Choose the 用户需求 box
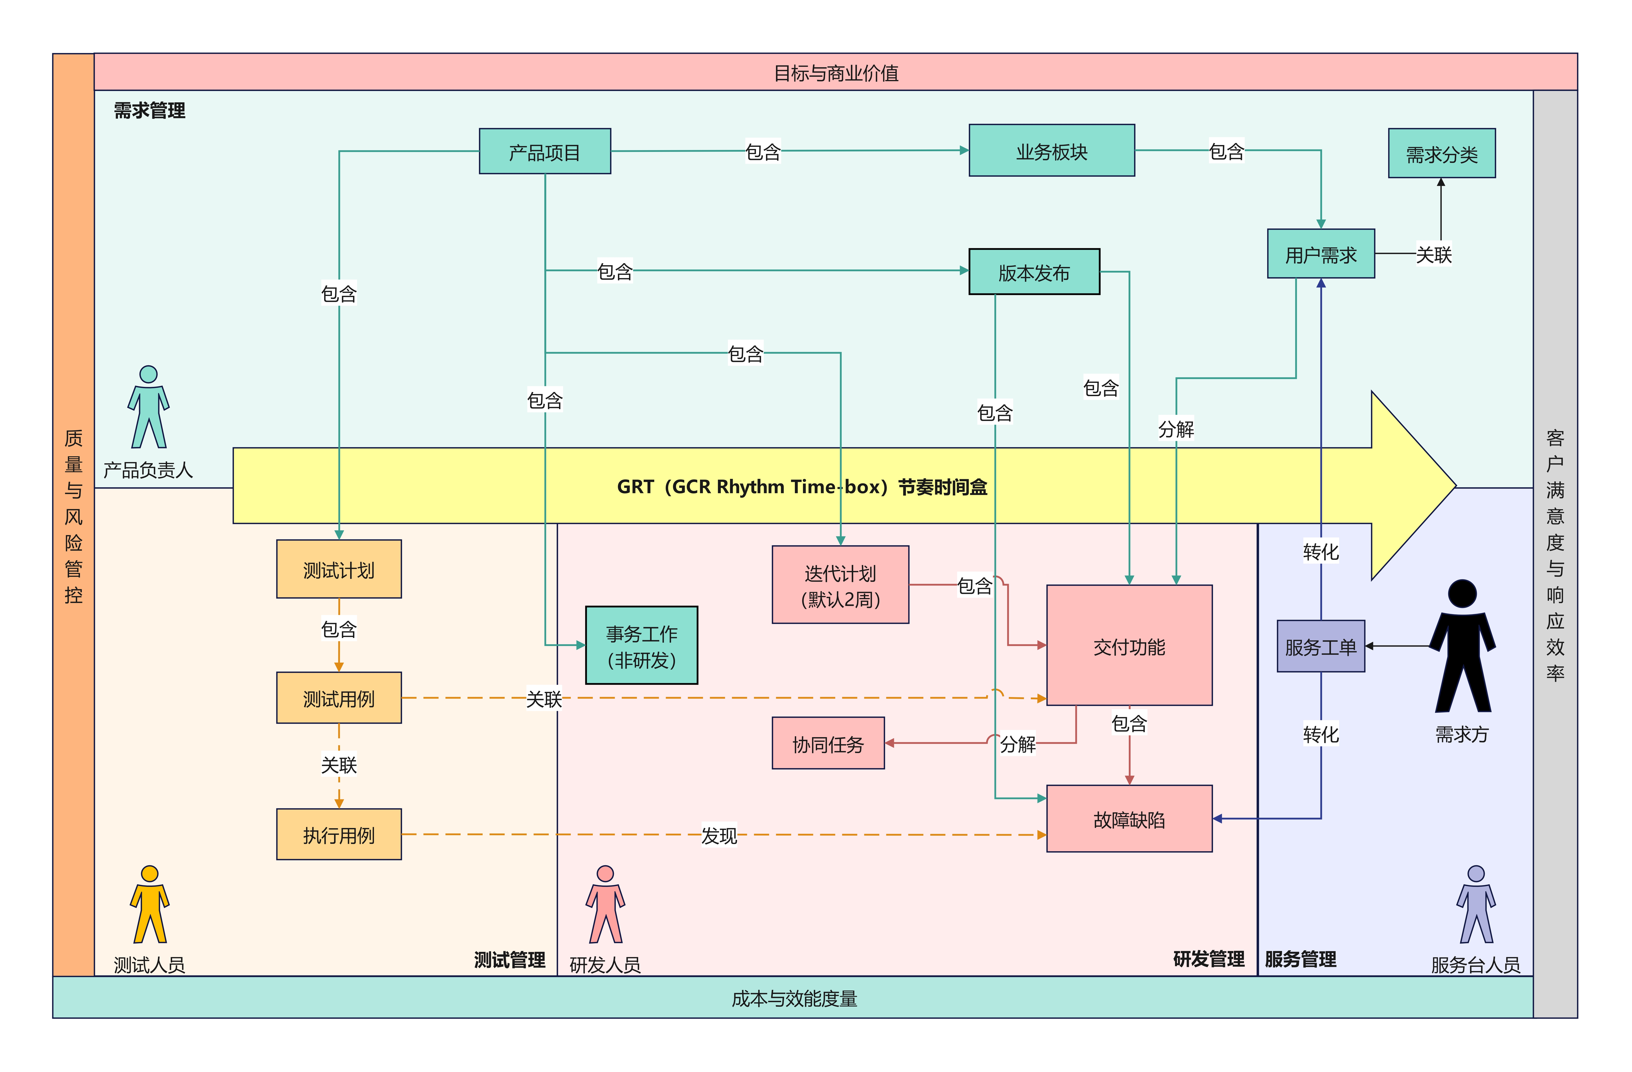tap(1321, 254)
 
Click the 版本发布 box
tap(1034, 272)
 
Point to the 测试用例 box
tap(339, 697)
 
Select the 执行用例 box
tap(339, 834)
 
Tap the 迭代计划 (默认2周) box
tap(840, 584)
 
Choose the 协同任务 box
tap(828, 743)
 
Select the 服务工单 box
tap(1321, 646)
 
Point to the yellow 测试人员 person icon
tap(149, 904)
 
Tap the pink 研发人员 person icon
tap(605, 904)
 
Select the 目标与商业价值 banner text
tap(835, 73)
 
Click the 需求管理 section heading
tap(149, 110)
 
